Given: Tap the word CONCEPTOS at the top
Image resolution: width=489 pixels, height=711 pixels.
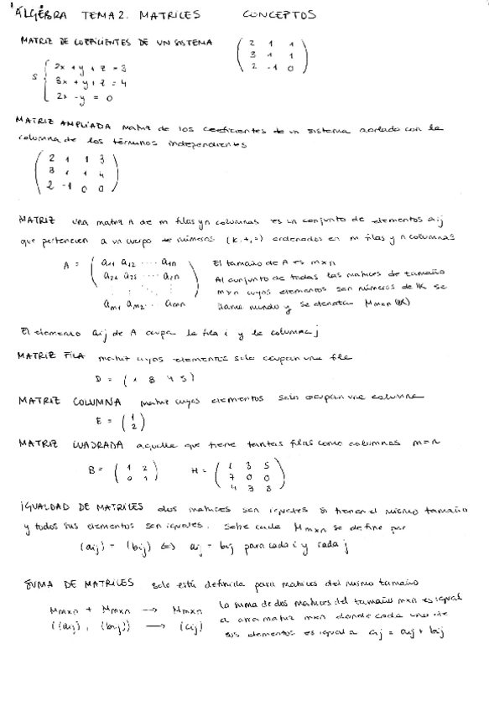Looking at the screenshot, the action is [280, 14].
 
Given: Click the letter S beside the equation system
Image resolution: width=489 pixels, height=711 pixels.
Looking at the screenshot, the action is [35, 78].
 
